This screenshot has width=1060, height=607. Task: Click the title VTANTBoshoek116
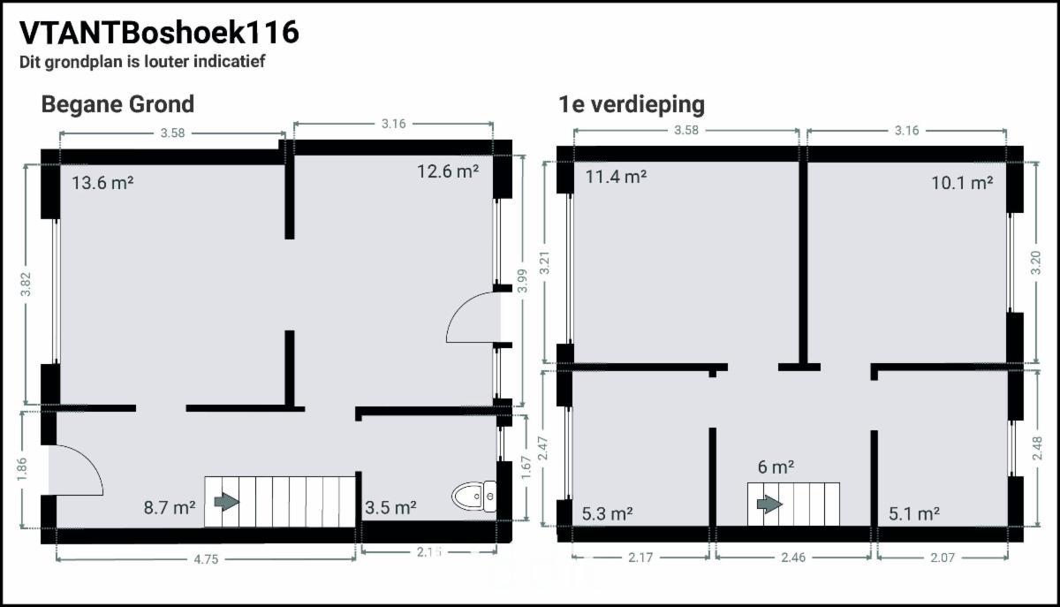coord(159,33)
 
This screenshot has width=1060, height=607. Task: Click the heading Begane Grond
coord(117,104)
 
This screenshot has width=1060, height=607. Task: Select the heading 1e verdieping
coord(632,105)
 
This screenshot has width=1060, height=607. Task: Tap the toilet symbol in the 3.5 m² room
coord(473,497)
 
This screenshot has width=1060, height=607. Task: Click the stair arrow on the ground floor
coord(227,502)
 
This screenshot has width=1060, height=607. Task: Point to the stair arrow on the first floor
coord(769,505)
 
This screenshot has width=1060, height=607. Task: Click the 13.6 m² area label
coord(102,182)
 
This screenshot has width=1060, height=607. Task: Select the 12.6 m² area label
coord(448,171)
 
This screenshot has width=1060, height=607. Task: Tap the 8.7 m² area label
coord(170,507)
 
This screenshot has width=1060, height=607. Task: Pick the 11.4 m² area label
coord(617,177)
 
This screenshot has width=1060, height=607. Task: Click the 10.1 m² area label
coord(962,183)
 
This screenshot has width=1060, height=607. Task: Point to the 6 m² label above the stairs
coord(776,467)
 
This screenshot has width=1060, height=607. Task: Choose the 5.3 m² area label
coord(607,513)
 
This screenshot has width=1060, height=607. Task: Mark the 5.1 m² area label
coord(914,513)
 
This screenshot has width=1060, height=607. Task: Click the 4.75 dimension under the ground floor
coord(206,559)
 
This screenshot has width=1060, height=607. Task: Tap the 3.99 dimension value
coord(522,281)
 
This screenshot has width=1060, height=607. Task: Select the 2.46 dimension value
coord(793,558)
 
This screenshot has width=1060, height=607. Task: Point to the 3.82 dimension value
coord(26,285)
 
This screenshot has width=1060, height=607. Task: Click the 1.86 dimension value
coord(22,469)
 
